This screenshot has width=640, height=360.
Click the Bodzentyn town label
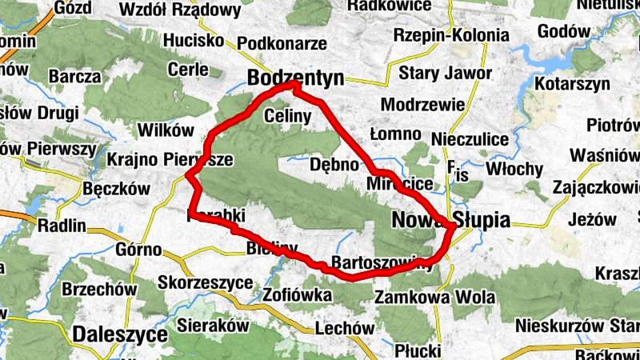point(295,78)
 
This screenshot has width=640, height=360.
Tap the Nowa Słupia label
point(450,220)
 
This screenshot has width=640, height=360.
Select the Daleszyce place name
point(120,334)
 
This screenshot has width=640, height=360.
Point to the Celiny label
point(286,115)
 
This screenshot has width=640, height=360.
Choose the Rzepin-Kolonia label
point(451,35)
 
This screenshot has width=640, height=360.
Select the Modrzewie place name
point(423,105)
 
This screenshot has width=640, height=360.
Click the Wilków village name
point(166,130)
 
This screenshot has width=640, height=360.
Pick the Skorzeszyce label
point(206,283)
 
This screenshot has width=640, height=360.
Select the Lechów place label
point(345,328)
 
